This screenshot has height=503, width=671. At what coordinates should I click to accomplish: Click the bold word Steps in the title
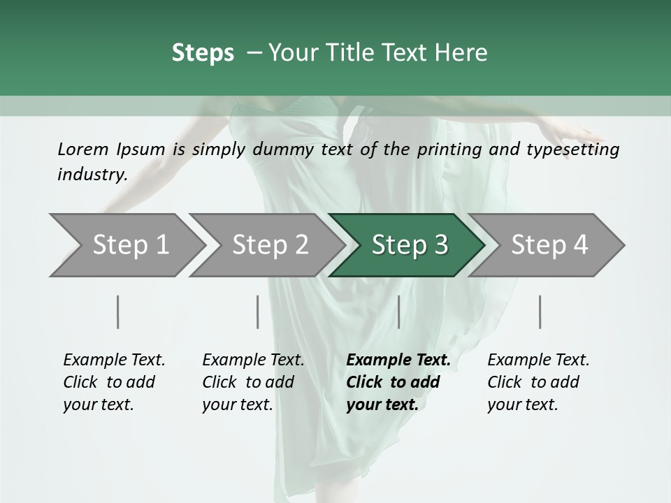click(203, 53)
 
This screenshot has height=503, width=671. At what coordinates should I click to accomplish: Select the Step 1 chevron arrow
click(126, 245)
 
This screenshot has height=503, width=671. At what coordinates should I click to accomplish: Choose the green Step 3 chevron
click(407, 245)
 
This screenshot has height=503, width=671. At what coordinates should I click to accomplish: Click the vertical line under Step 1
click(118, 312)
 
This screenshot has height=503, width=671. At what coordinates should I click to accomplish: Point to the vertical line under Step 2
click(258, 312)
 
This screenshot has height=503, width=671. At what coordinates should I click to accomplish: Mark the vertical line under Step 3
click(399, 312)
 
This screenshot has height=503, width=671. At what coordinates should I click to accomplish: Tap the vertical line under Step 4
click(540, 312)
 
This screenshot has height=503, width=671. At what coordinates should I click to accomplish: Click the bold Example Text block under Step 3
click(398, 382)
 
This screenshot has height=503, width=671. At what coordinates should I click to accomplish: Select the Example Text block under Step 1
click(114, 382)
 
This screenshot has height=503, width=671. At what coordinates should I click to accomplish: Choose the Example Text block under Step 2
click(253, 382)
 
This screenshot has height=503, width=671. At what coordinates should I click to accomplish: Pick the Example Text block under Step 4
click(538, 382)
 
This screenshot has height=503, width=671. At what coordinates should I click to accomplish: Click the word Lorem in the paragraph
click(83, 150)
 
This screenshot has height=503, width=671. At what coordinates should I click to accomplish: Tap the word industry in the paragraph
click(91, 175)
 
